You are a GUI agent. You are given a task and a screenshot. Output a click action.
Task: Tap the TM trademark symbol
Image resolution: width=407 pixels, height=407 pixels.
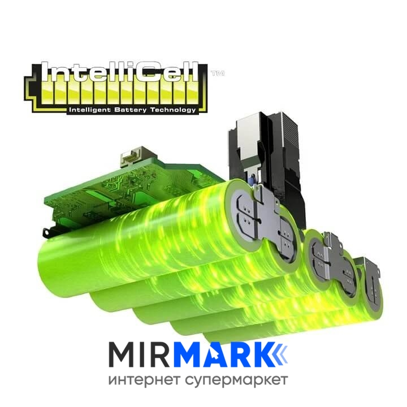(218, 73)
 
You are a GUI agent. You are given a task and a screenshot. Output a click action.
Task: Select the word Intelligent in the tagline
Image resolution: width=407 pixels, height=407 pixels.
(90, 110)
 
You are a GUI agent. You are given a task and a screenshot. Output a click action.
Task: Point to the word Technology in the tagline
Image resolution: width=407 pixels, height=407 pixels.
(172, 110)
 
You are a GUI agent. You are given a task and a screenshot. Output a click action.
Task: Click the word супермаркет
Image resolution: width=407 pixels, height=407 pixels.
(237, 382)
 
